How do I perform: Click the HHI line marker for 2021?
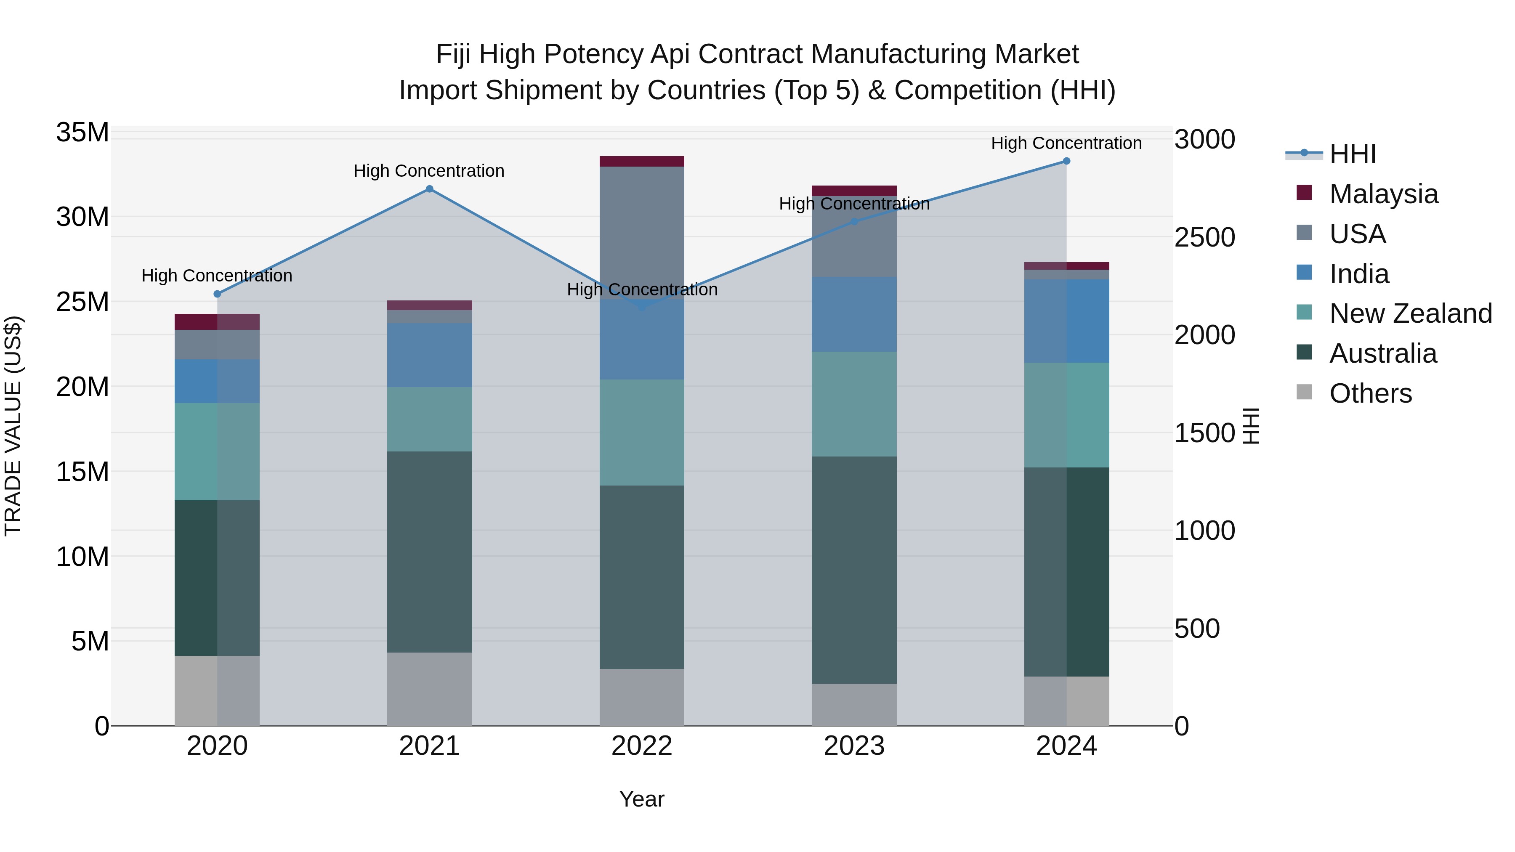pos(429,189)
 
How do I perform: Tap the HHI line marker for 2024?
pos(1066,161)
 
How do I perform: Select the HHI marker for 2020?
pos(217,294)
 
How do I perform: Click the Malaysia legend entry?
pos(1383,194)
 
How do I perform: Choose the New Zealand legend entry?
pos(1410,313)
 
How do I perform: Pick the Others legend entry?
pos(1370,393)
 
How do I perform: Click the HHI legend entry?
pos(1352,154)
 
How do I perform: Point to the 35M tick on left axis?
pos(82,133)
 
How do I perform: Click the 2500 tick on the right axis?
pos(1204,238)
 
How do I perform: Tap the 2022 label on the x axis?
pos(642,746)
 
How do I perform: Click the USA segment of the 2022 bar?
pos(642,232)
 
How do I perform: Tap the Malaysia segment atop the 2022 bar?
pos(642,162)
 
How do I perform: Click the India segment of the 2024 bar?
pos(1066,321)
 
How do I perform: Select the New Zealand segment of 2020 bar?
pos(217,451)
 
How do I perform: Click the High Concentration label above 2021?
pos(429,171)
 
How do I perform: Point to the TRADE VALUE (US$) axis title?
pos(13,426)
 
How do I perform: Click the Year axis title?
pos(642,799)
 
